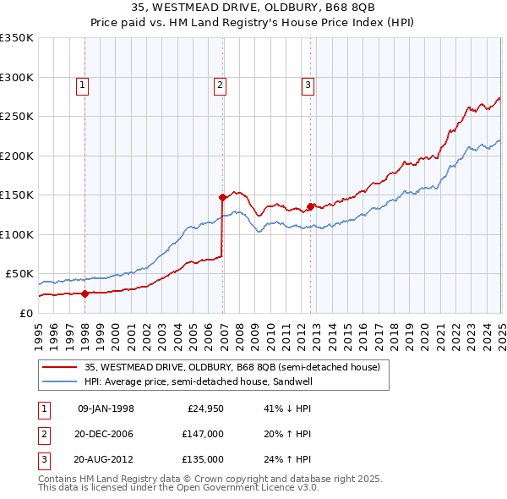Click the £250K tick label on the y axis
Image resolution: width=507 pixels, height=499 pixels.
pyautogui.click(x=17, y=116)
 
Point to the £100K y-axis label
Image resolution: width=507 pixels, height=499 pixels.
pyautogui.click(x=17, y=234)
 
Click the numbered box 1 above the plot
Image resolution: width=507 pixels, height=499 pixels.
pyautogui.click(x=82, y=85)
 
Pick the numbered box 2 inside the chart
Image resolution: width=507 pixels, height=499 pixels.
pyautogui.click(x=220, y=85)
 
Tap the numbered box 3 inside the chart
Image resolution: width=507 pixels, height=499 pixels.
pyautogui.click(x=308, y=85)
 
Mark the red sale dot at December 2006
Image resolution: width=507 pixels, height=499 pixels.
pyautogui.click(x=223, y=197)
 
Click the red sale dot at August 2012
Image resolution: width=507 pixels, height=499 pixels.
pyautogui.click(x=310, y=206)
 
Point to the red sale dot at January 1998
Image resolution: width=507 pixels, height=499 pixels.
pyautogui.click(x=85, y=293)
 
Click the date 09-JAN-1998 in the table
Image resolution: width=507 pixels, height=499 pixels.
pyautogui.click(x=106, y=409)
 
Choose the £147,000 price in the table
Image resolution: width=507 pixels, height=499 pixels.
pyautogui.click(x=204, y=434)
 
